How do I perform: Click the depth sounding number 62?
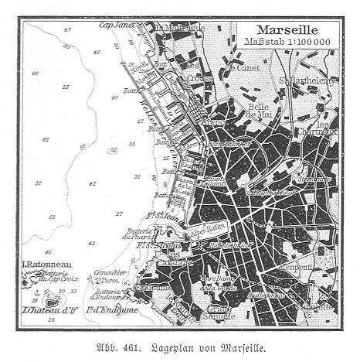46,140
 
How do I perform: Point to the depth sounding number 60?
34,72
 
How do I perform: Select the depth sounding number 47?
67,29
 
